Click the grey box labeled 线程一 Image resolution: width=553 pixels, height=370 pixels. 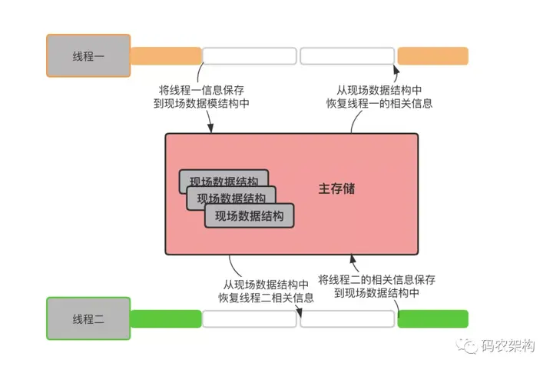(x=88, y=56)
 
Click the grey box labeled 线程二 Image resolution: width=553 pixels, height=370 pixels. (x=88, y=318)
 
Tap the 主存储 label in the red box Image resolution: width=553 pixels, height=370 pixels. (x=336, y=189)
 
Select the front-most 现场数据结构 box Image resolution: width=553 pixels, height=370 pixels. (x=250, y=215)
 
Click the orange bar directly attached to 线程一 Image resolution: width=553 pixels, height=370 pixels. (x=166, y=56)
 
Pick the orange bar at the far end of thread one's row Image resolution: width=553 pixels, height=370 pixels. (x=433, y=56)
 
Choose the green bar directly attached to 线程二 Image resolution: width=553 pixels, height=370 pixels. (x=166, y=318)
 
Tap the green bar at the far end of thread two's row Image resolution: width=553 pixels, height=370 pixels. (x=433, y=318)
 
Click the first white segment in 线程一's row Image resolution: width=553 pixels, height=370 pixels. (x=250, y=56)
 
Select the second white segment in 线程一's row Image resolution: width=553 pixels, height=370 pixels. (x=347, y=56)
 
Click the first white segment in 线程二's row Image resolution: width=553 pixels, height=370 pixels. (x=250, y=318)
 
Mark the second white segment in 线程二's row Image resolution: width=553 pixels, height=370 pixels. (x=347, y=318)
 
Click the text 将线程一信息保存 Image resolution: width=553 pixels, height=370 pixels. (x=201, y=90)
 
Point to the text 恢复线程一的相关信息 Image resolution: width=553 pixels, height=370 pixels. (x=379, y=103)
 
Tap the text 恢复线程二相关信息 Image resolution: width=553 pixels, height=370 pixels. (x=266, y=298)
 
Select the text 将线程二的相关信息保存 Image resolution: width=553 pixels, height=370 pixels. (x=376, y=280)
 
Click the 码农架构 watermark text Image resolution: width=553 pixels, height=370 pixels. (x=508, y=345)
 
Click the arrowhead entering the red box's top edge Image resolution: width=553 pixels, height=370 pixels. (x=210, y=128)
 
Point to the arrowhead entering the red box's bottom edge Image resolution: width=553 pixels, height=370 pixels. (x=353, y=259)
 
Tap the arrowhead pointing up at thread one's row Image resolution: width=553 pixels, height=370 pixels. (x=396, y=69)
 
